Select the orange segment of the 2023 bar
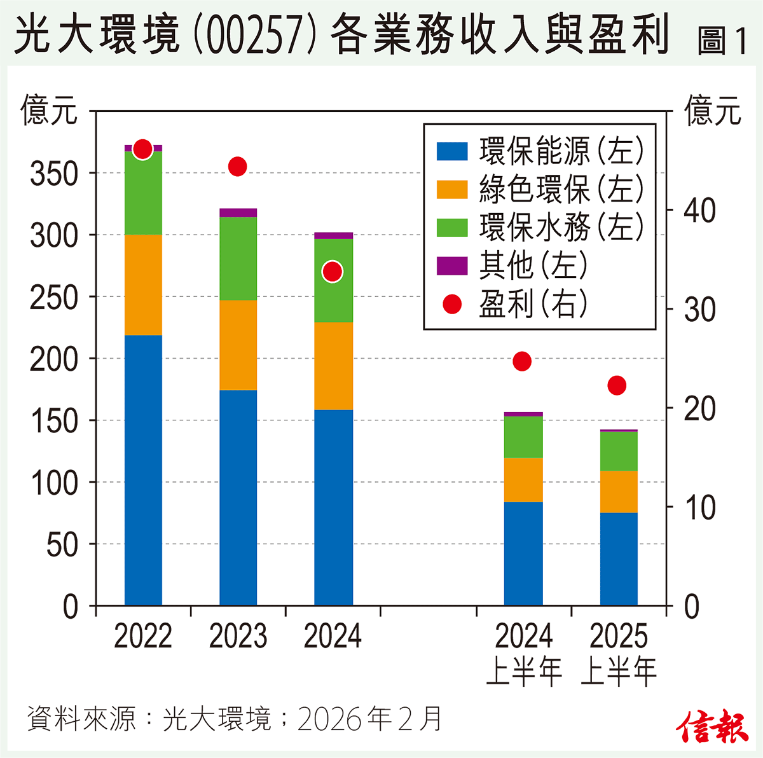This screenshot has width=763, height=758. [x=238, y=345]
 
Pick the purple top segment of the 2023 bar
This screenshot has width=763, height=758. [x=238, y=212]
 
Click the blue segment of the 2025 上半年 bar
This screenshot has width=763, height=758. [x=619, y=558]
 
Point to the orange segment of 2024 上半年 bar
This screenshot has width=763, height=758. [x=523, y=479]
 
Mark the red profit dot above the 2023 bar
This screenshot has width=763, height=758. [x=237, y=167]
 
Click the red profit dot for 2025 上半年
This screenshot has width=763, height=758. [x=617, y=385]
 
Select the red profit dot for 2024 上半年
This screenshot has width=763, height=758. [x=522, y=361]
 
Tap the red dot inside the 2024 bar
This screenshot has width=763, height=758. [x=332, y=272]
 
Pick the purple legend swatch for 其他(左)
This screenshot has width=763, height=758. [x=452, y=266]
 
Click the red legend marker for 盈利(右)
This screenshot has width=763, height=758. [x=452, y=304]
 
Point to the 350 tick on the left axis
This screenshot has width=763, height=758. [x=53, y=174]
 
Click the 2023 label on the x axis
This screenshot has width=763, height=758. [x=238, y=637]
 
